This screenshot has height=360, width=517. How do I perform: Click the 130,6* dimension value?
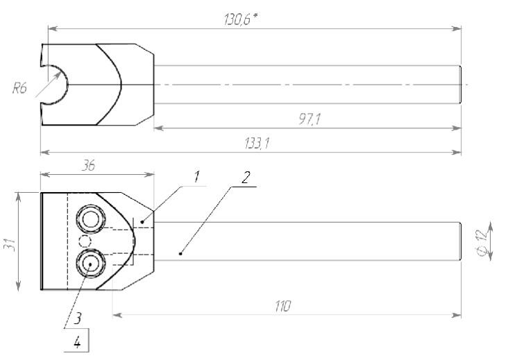tap(240, 19)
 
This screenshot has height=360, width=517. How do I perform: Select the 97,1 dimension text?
tap(309, 119)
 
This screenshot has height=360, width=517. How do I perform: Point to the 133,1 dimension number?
tap(257, 144)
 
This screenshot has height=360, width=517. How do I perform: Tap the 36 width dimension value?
tap(88, 166)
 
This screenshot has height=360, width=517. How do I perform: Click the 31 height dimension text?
tap(11, 244)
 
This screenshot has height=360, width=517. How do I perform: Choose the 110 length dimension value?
tap(282, 306)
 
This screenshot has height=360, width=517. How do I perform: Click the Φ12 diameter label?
tap(482, 242)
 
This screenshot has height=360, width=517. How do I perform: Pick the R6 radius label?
tap(19, 88)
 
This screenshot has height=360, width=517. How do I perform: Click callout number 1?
tap(196, 177)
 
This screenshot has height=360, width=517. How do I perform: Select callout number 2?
tap(245, 178)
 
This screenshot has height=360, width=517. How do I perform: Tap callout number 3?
tap(77, 318)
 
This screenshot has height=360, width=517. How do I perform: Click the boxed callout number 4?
tap(77, 343)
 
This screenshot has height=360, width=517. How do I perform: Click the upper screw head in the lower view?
tap(91, 219)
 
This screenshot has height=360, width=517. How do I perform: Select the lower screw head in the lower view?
tap(91, 264)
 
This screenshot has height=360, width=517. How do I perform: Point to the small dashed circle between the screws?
tap(85, 241)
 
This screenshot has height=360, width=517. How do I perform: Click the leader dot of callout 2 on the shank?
tap(180, 253)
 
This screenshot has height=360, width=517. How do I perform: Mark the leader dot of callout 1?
tap(142, 222)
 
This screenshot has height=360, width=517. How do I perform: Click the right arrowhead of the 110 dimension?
tap(457, 316)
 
